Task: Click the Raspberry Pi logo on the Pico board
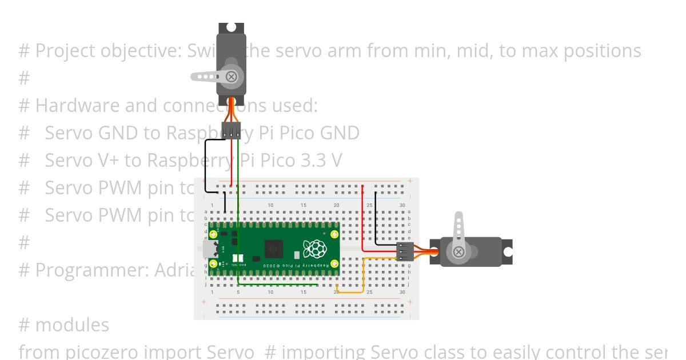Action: pos(314,249)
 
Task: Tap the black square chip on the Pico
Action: pos(274,249)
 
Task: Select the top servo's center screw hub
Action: pos(232,77)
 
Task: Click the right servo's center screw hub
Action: pos(458,251)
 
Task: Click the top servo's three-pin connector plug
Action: pos(232,131)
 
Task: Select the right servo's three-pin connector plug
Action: pos(405,251)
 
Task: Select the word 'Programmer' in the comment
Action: pos(91,270)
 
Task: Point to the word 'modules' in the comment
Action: pos(72,325)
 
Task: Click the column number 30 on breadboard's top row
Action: pos(402,205)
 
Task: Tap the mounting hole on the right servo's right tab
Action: pos(507,251)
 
